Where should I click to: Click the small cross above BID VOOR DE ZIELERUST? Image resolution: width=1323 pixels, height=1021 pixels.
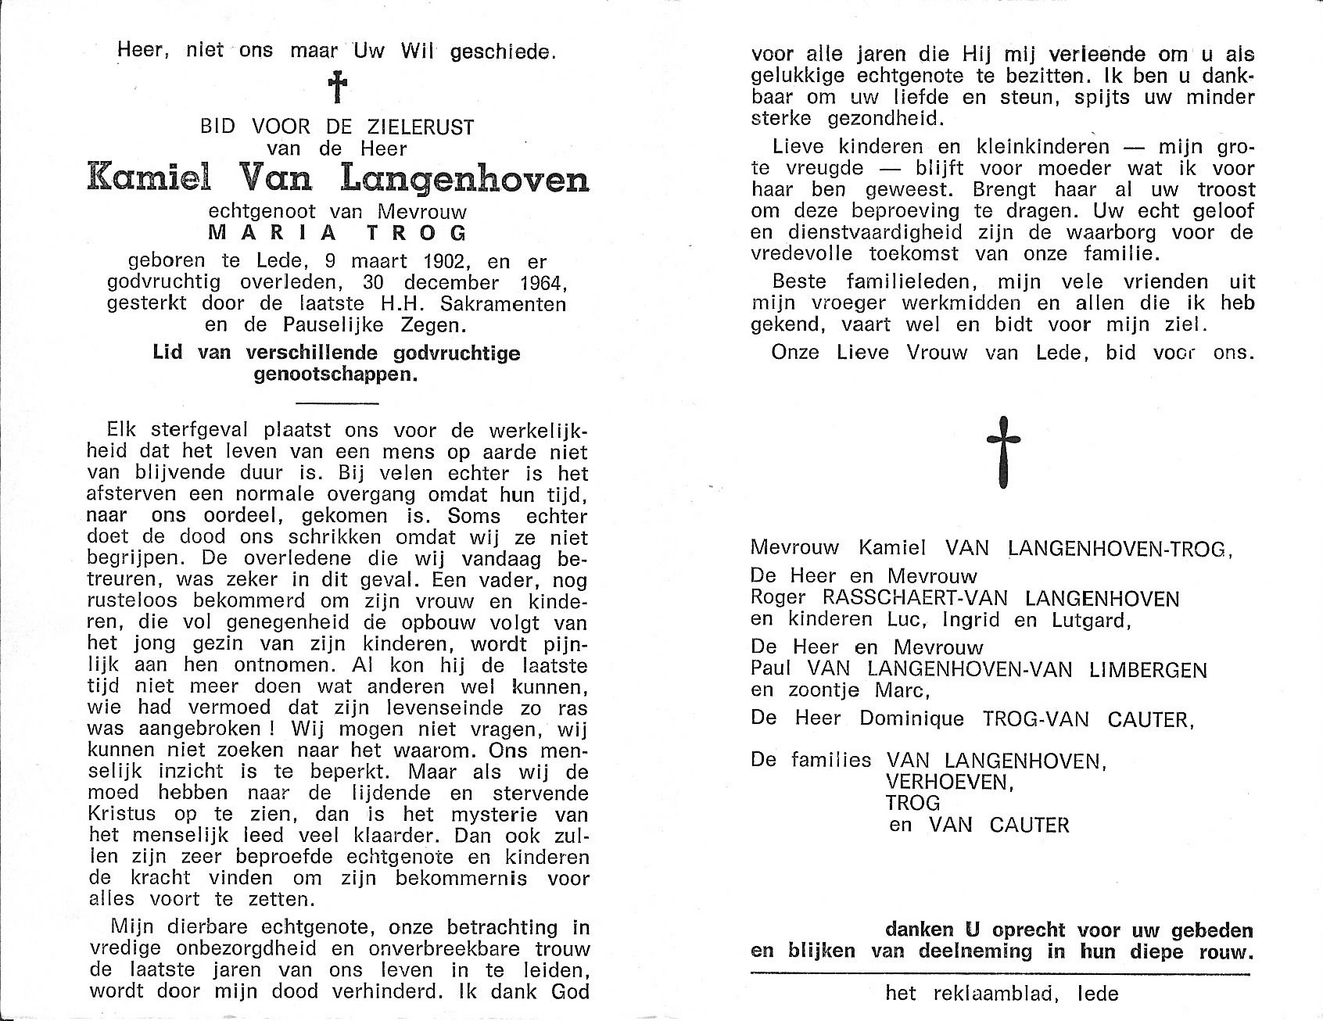tap(337, 88)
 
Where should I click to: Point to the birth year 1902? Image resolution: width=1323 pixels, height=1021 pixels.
tap(418, 262)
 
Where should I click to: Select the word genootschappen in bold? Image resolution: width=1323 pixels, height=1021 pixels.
tap(336, 374)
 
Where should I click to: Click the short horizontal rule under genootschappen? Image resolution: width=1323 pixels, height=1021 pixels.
tap(338, 403)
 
